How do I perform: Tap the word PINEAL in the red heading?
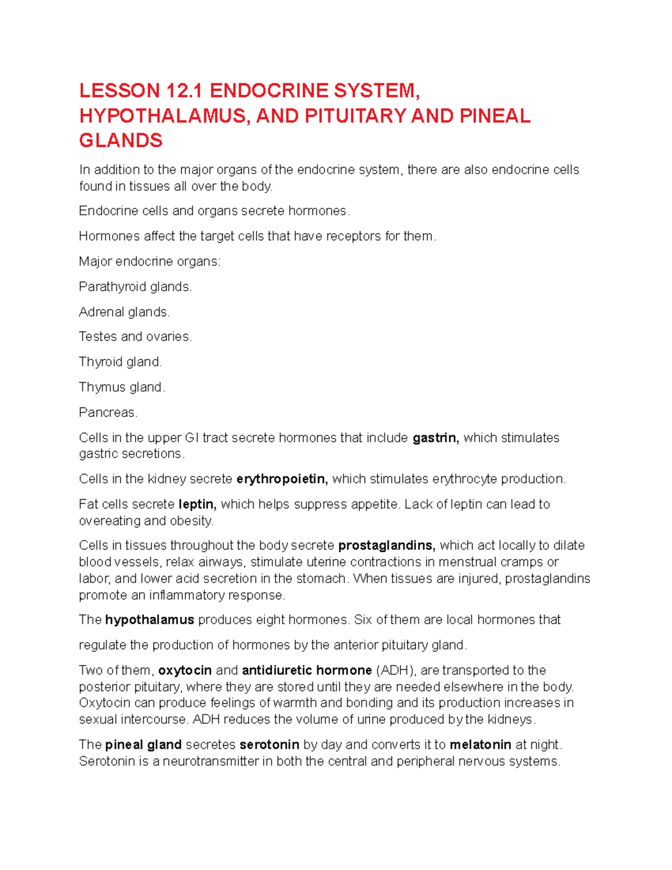click(x=494, y=116)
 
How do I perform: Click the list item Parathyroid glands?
click(x=135, y=287)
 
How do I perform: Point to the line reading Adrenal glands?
click(x=124, y=312)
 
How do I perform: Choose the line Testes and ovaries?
click(x=135, y=337)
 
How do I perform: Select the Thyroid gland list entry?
click(x=120, y=362)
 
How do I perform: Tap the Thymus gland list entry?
click(x=122, y=387)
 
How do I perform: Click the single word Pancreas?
click(x=108, y=412)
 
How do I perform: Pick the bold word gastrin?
click(x=435, y=438)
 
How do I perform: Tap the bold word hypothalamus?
click(x=150, y=620)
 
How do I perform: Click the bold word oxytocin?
click(x=185, y=671)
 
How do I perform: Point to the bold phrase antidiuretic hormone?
click(x=307, y=671)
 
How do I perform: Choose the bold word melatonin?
click(x=480, y=745)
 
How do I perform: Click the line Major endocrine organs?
click(x=150, y=262)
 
